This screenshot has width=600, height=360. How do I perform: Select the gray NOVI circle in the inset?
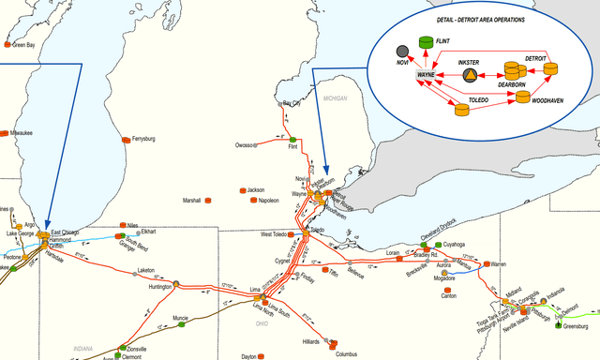(401, 51)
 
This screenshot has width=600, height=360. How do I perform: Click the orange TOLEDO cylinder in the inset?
(461, 109)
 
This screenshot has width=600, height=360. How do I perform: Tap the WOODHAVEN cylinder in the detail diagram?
(523, 97)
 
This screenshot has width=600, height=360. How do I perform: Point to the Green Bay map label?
(23, 44)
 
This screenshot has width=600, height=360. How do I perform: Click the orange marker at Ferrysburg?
(127, 139)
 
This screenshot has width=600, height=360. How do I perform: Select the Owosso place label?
(246, 145)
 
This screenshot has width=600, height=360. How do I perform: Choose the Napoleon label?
(268, 200)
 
